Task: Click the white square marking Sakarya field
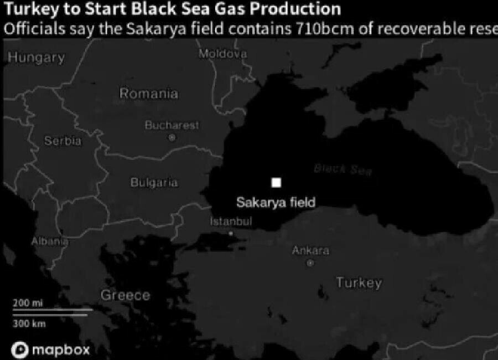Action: (x=276, y=183)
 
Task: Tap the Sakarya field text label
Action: (x=276, y=202)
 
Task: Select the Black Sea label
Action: (x=343, y=169)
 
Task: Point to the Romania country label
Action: (x=149, y=94)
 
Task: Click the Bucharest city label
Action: (x=172, y=126)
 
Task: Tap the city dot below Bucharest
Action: (x=172, y=137)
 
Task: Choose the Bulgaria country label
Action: (x=154, y=182)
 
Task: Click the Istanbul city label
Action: (x=231, y=222)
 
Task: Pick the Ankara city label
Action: (x=310, y=251)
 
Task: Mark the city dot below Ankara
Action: (x=310, y=263)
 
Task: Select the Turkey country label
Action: (x=359, y=282)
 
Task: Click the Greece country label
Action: (x=125, y=295)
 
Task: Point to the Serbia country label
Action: (x=63, y=141)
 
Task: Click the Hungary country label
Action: (x=37, y=57)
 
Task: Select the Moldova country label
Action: (x=222, y=54)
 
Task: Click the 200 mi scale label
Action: (x=27, y=303)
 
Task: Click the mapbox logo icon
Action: (x=21, y=349)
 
